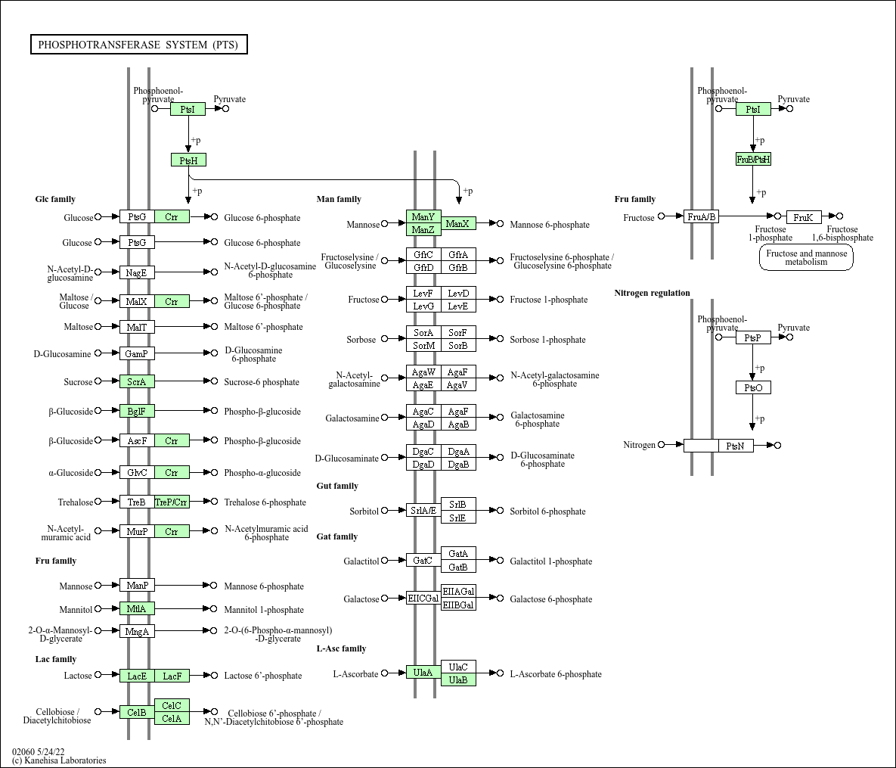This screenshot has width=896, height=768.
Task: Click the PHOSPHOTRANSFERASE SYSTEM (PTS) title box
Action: (139, 45)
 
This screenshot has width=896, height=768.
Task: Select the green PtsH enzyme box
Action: (188, 160)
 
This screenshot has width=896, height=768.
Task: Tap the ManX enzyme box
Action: (458, 224)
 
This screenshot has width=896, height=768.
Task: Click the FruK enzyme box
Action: (804, 217)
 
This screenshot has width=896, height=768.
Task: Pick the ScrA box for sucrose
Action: (137, 381)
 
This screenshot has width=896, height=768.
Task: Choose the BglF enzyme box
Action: (137, 411)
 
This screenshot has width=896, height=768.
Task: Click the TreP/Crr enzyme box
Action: (172, 502)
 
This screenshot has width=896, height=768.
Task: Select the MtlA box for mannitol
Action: (137, 608)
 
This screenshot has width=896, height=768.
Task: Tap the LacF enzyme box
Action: (172, 676)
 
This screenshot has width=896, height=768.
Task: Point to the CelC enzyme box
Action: (172, 705)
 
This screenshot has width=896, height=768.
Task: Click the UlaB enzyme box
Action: (458, 679)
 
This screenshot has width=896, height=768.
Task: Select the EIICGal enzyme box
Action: (423, 599)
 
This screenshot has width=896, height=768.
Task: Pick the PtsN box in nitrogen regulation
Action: (736, 446)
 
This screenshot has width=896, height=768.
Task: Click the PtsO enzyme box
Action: (753, 387)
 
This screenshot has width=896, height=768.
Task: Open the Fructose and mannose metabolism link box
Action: (806, 257)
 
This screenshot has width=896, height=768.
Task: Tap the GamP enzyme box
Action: (137, 353)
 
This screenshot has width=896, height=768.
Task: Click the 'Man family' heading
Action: (339, 199)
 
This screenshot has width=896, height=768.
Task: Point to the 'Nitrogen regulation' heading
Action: (652, 293)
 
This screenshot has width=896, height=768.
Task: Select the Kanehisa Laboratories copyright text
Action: (59, 760)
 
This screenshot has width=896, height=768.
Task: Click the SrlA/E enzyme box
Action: (423, 510)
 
